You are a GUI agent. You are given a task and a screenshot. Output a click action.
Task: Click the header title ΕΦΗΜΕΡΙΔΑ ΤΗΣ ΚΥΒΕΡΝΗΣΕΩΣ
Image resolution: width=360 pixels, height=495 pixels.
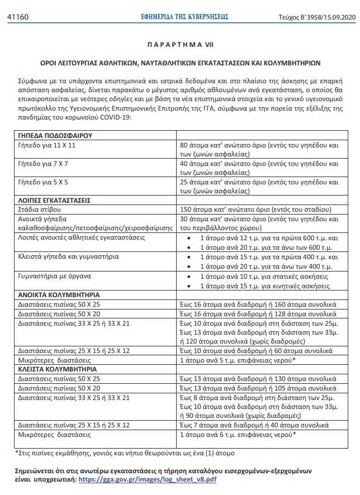[184, 17]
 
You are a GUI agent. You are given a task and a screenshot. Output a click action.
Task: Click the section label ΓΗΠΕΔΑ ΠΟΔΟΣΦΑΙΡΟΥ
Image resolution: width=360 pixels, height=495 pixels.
[55, 136]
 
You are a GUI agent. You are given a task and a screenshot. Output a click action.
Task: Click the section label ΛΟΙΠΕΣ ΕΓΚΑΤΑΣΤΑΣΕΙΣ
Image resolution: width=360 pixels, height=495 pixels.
[54, 200]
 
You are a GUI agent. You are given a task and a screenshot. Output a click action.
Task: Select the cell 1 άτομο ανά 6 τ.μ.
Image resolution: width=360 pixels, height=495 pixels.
[237, 434]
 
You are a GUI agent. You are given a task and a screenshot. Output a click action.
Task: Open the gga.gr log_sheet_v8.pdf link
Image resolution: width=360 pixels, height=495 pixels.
[147, 479]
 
